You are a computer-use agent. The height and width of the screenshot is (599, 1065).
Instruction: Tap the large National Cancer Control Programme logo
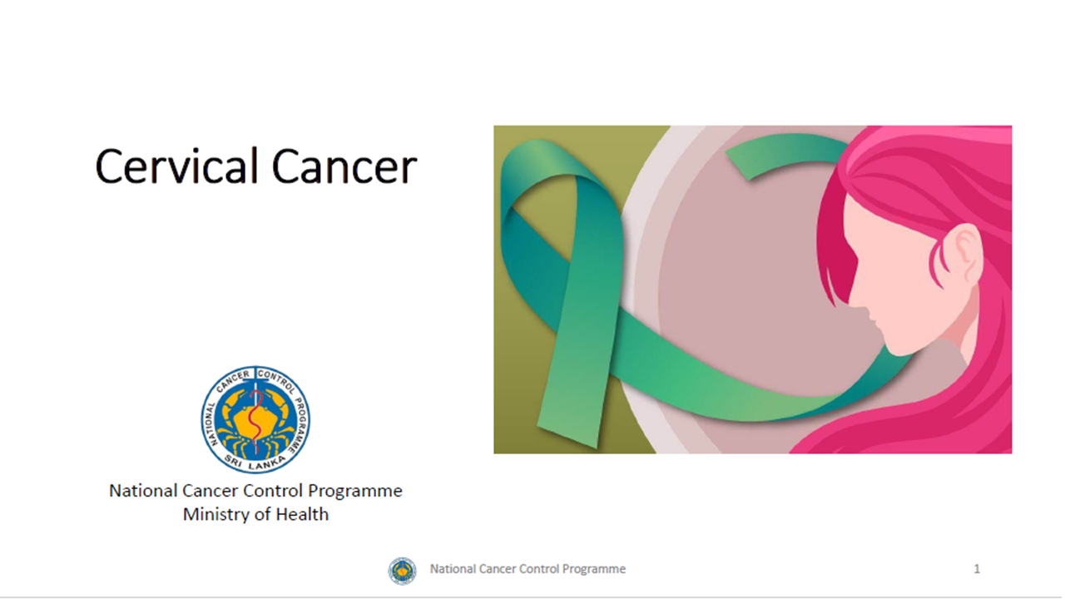[255, 418]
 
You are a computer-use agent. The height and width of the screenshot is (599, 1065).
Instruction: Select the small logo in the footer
[402, 570]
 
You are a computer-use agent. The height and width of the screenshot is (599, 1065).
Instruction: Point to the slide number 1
[977, 569]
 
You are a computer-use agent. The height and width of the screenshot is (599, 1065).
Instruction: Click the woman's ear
[965, 255]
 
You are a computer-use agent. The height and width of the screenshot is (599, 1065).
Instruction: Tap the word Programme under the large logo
[360, 491]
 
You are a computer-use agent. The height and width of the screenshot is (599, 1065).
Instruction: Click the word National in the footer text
[453, 569]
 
